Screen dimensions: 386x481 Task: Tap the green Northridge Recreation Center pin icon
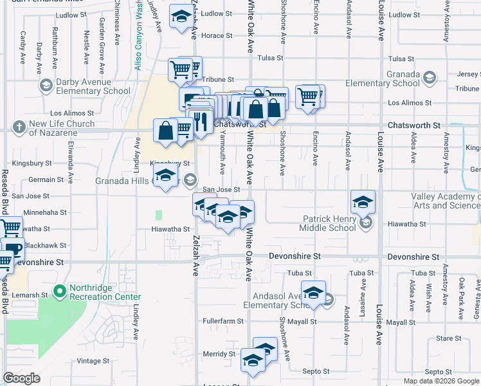[60, 291]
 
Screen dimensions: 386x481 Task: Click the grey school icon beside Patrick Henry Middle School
[367, 223]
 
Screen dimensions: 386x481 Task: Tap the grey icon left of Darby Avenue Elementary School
[46, 86]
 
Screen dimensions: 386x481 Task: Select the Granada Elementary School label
[383, 78]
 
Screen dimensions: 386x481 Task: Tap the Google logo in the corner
[22, 378]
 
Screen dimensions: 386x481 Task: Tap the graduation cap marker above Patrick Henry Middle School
[363, 201]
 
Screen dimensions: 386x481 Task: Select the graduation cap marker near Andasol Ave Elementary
[313, 292]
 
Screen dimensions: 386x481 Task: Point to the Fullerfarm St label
[222, 321]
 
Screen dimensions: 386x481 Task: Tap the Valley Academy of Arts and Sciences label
[446, 201]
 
